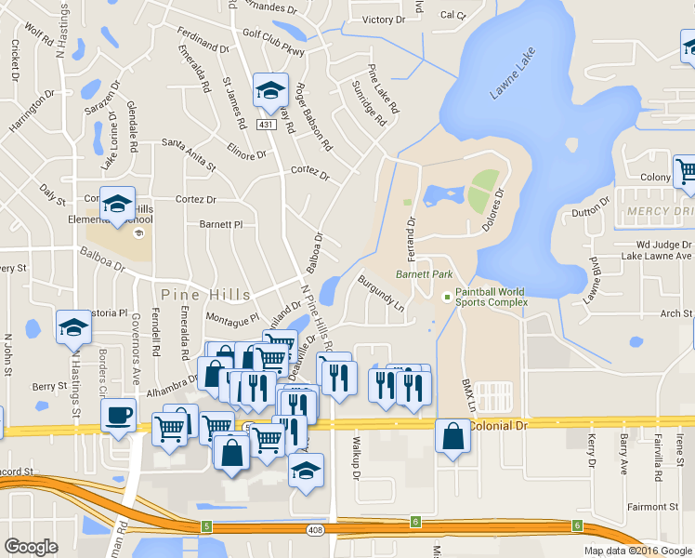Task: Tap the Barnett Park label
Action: point(424,274)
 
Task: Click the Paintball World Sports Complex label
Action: point(491,297)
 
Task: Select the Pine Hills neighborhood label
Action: point(206,294)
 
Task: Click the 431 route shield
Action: point(267,125)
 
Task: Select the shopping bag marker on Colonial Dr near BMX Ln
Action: point(452,436)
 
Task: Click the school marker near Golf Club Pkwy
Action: point(270,90)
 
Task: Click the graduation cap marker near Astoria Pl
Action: point(73,327)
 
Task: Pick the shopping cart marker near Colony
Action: point(686,170)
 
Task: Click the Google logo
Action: point(31,547)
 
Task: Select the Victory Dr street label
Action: point(384,20)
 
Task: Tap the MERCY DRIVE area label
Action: point(659,211)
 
